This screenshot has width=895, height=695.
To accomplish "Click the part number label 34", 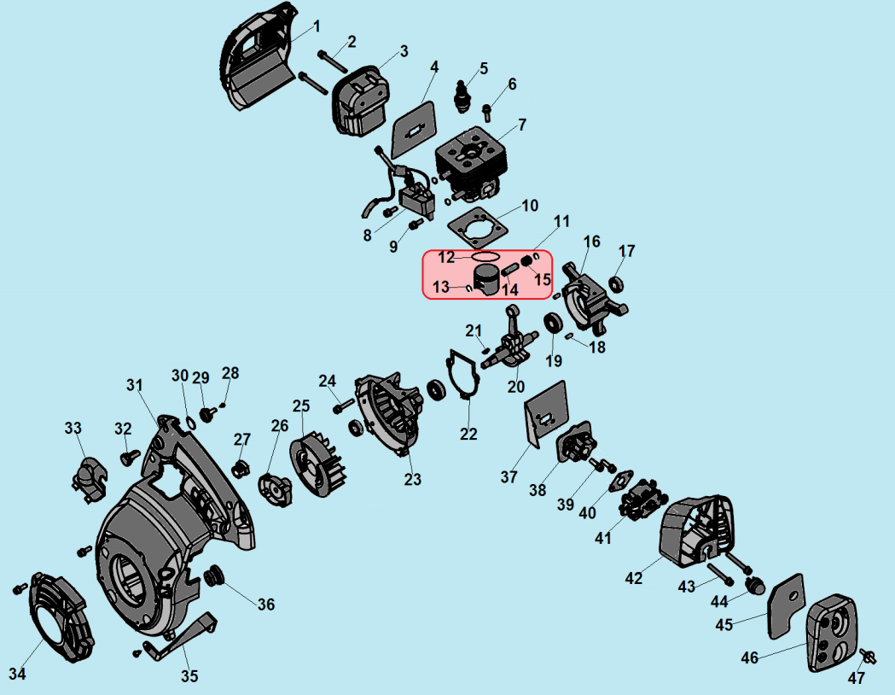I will click(x=17, y=674).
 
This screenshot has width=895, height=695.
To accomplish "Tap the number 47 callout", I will click(x=856, y=679).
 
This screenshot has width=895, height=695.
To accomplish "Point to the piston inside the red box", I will click(x=488, y=277).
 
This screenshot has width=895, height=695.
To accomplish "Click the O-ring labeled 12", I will click(x=485, y=256).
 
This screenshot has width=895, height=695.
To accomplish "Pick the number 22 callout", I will click(x=468, y=434).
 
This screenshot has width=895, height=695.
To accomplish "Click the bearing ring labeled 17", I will click(x=616, y=283).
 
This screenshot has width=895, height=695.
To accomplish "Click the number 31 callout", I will click(x=134, y=385).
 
